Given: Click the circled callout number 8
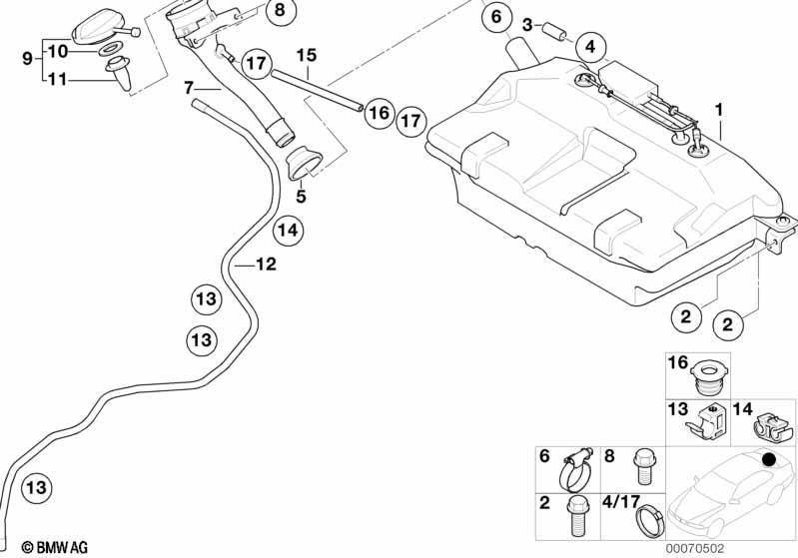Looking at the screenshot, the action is click(x=281, y=10).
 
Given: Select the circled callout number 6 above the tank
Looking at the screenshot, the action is click(x=496, y=17).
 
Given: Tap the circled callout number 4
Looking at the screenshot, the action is click(x=590, y=47).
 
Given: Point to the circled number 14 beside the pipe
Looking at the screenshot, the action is click(x=288, y=231).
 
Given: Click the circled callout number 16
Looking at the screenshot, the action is click(x=380, y=113).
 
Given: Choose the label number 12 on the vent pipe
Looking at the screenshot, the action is click(x=267, y=264).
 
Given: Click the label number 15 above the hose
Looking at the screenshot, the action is click(x=307, y=55).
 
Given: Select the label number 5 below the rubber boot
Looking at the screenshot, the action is click(x=302, y=196).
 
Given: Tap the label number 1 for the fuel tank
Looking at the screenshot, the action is click(x=719, y=110).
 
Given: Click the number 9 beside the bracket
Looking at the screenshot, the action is click(x=28, y=58).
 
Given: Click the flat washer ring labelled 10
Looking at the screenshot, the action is click(x=109, y=50).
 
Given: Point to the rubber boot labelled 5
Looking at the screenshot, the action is click(x=304, y=163).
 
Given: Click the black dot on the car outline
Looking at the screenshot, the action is click(x=768, y=460).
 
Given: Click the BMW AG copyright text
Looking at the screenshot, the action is click(x=55, y=547).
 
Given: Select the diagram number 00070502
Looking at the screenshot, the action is click(x=695, y=548).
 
